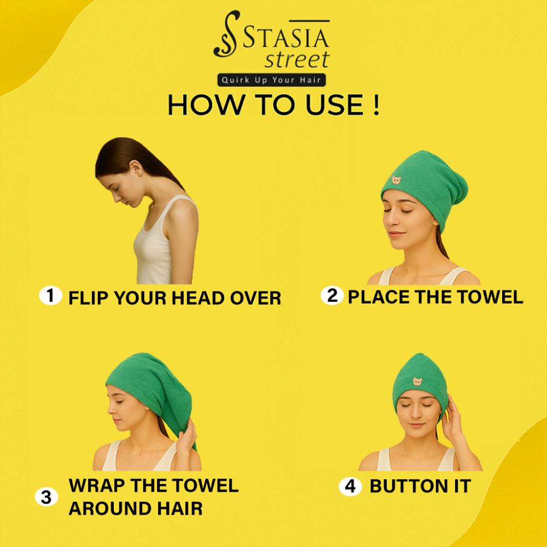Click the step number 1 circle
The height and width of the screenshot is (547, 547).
50,295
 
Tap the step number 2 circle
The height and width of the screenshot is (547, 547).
332,295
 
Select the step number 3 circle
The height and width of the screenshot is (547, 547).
46,497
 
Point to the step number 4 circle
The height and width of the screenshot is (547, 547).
350,486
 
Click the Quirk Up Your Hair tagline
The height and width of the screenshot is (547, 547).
271,80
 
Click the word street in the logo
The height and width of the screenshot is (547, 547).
297,60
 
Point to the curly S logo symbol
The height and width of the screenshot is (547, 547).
226,34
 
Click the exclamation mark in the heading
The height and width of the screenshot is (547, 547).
376,104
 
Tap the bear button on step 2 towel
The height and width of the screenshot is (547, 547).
396,180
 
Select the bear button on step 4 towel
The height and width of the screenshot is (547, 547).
417,381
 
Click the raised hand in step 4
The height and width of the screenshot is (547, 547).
454,418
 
